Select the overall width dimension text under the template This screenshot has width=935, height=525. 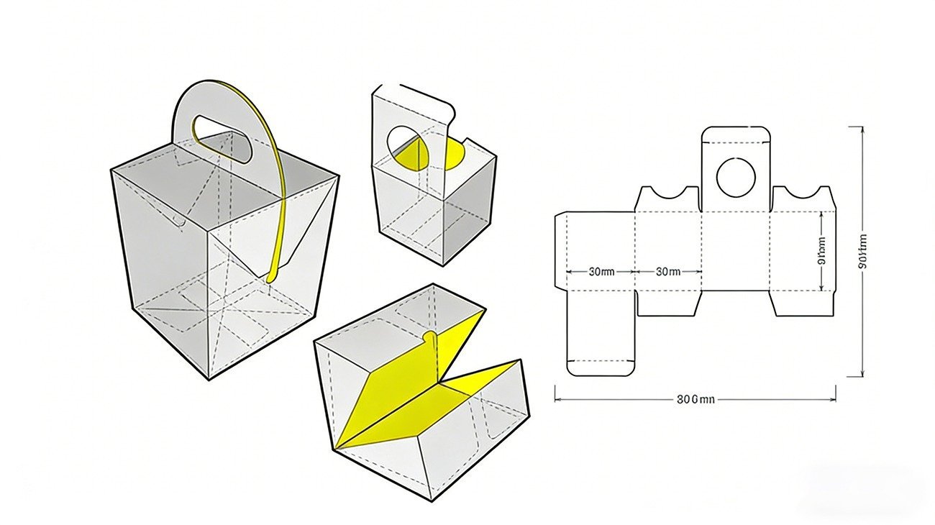coord(695,399)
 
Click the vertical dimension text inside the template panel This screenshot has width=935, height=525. coord(822,252)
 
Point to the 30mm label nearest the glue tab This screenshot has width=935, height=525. coord(601,272)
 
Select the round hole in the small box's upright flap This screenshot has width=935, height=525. coord(404,147)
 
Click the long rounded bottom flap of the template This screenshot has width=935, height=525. coord(601,334)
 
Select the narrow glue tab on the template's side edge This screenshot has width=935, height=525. coord(560,252)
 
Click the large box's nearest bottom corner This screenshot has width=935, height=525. coord(209,379)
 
